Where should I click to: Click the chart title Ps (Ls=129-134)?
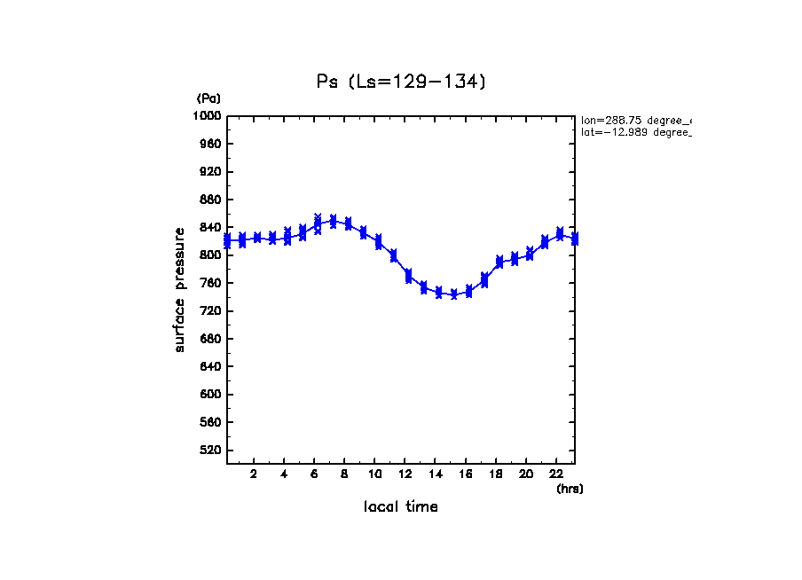[x=401, y=82]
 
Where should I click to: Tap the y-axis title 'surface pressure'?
[x=180, y=288]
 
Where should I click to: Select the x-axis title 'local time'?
[x=400, y=507]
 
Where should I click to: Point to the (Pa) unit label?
[x=208, y=98]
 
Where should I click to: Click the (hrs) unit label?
[x=570, y=489]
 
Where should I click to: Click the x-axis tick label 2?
[x=254, y=474]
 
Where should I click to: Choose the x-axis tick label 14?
[x=435, y=474]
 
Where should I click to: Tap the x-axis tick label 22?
[x=555, y=474]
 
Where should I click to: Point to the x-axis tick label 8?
[x=344, y=474]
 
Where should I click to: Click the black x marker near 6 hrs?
[x=318, y=216]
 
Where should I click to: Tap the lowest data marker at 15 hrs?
[x=454, y=295]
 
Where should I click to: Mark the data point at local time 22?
[x=560, y=234]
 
